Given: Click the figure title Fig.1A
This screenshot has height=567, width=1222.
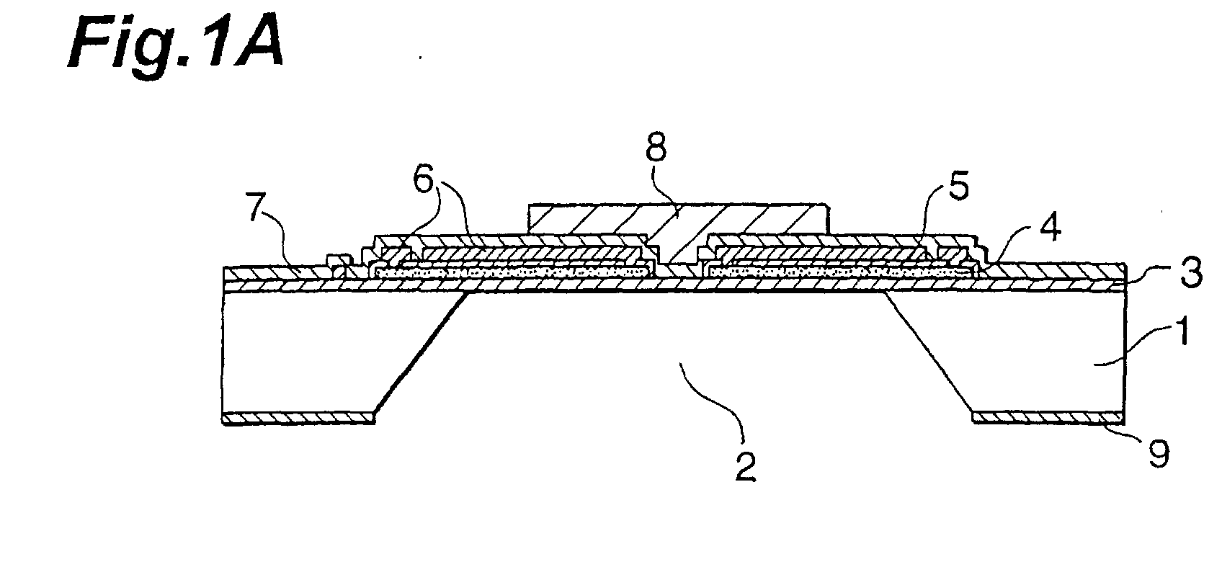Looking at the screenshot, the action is pyautogui.click(x=176, y=42).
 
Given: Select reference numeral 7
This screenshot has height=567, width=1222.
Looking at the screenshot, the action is pyautogui.click(x=259, y=208).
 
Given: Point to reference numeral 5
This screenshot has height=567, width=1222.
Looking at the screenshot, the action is pyautogui.click(x=958, y=186).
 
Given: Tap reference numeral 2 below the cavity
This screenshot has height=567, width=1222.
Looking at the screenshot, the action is pyautogui.click(x=745, y=467).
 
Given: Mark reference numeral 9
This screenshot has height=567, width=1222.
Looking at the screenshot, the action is pyautogui.click(x=1159, y=454).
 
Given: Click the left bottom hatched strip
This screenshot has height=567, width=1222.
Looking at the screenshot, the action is pyautogui.click(x=298, y=418).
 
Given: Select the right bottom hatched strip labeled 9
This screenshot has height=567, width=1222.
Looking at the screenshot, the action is pyautogui.click(x=1048, y=418).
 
